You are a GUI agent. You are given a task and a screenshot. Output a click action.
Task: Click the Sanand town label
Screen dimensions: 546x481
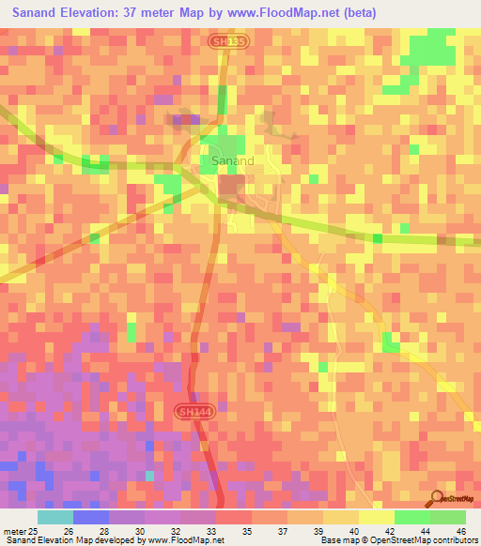pos(232,161)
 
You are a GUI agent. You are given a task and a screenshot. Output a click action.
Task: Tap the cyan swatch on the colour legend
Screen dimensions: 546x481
pos(55,517)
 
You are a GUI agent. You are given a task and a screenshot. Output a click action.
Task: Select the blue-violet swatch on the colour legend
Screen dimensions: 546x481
pos(91,517)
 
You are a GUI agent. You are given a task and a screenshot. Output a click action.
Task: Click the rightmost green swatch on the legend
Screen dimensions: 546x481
pos(447,517)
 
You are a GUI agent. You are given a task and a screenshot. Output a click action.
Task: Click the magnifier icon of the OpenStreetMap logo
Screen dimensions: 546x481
pos(435,497)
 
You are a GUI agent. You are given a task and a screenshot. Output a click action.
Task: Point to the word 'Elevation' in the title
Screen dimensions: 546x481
pos(91,13)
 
